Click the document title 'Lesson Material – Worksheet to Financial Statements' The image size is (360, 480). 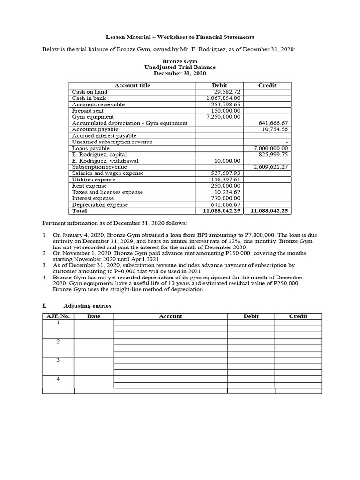[180, 37]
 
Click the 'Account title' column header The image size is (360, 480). [133, 85]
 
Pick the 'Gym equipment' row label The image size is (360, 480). [93, 117]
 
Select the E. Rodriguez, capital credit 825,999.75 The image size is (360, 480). [273, 154]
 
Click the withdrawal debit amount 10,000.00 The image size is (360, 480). [227, 161]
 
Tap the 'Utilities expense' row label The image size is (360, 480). [93, 180]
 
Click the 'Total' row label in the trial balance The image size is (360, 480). [79, 211]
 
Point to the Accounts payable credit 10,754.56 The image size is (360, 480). [275, 129]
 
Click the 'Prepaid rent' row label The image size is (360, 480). [88, 111]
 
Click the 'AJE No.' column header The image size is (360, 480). [58, 316]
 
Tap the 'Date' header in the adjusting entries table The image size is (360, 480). [94, 316]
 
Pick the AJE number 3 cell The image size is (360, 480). [58, 360]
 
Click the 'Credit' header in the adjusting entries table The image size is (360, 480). [298, 316]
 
